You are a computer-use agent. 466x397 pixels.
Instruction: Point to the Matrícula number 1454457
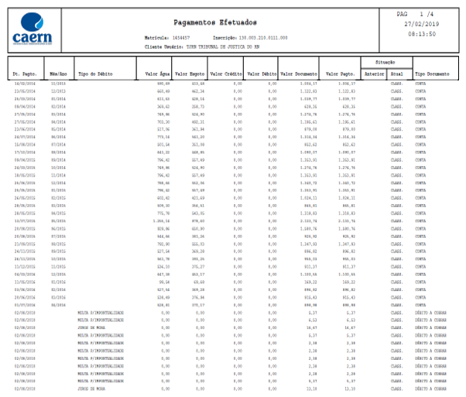[x=183, y=37]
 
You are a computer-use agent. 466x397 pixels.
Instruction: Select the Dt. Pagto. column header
[x=25, y=73]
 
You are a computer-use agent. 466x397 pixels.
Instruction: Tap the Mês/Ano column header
[x=57, y=73]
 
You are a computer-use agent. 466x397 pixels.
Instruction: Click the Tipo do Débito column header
[x=97, y=73]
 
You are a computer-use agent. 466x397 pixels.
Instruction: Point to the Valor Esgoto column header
[x=190, y=73]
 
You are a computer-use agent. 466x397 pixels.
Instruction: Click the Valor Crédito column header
[x=227, y=73]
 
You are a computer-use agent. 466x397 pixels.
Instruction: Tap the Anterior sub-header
[x=375, y=73]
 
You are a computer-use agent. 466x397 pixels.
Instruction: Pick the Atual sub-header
[x=397, y=73]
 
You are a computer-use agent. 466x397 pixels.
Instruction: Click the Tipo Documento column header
[x=431, y=73]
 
